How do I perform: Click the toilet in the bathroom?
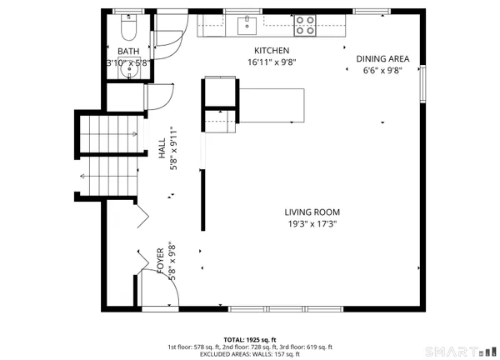[x=127, y=32]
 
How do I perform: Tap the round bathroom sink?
[x=126, y=71]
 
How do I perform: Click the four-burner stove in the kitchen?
[x=306, y=26]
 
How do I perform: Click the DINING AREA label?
[x=382, y=58]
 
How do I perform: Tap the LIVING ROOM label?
[x=311, y=212]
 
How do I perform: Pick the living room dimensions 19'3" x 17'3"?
[x=311, y=223]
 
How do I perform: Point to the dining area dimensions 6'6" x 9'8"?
[x=382, y=70]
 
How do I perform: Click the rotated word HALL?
[x=162, y=148]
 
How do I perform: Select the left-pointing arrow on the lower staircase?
[x=84, y=176]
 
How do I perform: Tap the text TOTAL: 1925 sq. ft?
[x=249, y=340]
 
